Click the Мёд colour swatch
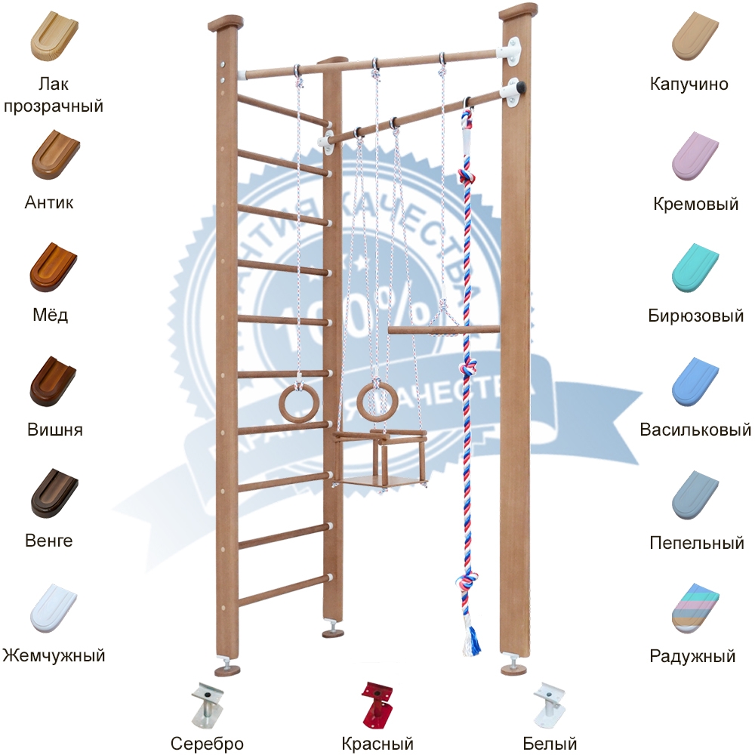[53, 268]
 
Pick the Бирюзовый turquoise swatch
[695, 268]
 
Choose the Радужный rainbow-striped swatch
[695, 608]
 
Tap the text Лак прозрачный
[53, 94]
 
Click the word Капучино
[689, 84]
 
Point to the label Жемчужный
[53, 655]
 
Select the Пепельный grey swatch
[695, 495]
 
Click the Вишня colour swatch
[53, 381]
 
